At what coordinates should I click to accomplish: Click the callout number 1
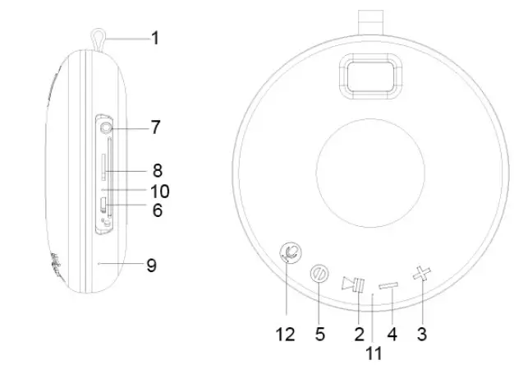(x=154, y=37)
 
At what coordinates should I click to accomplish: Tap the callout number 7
(x=155, y=127)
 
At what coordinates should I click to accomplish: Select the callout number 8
(x=155, y=170)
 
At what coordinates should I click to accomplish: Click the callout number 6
(x=155, y=210)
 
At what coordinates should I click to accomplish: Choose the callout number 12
(x=285, y=334)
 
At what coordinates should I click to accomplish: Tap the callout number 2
(x=357, y=334)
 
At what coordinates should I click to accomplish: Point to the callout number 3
(x=423, y=334)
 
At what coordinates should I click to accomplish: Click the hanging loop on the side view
(x=97, y=38)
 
